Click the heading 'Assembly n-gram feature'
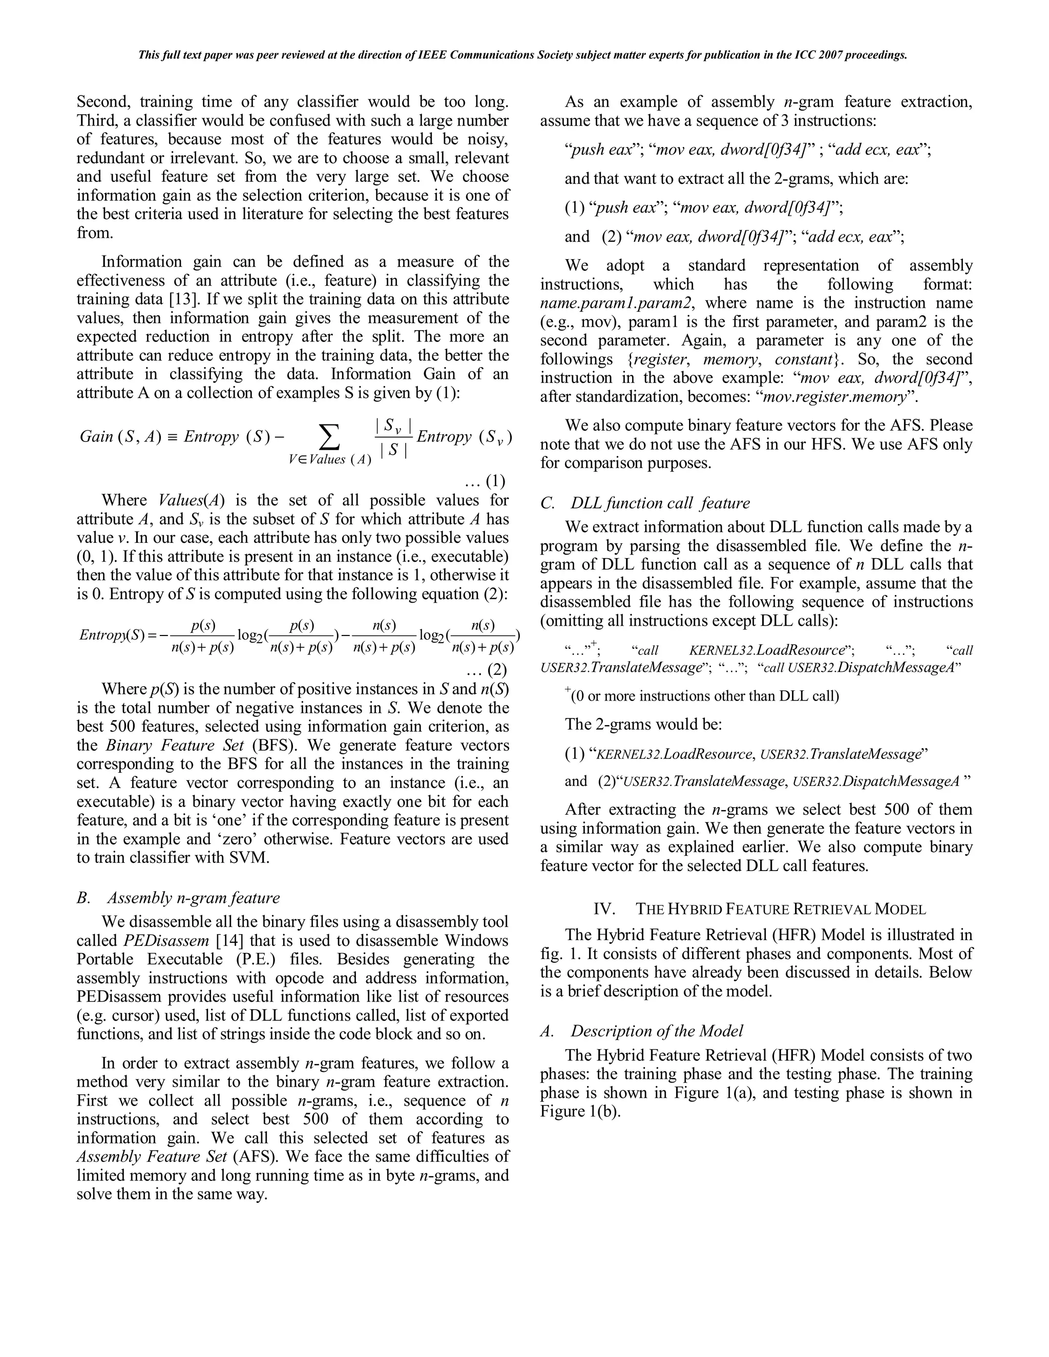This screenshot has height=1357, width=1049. (x=193, y=897)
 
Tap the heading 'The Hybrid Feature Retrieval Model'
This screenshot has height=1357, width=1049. (x=780, y=909)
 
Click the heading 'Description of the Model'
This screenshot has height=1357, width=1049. (x=656, y=1031)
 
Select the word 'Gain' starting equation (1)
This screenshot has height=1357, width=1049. (x=96, y=436)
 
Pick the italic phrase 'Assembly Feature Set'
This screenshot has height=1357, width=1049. (x=146, y=1156)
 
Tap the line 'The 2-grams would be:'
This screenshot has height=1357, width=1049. (x=643, y=724)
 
